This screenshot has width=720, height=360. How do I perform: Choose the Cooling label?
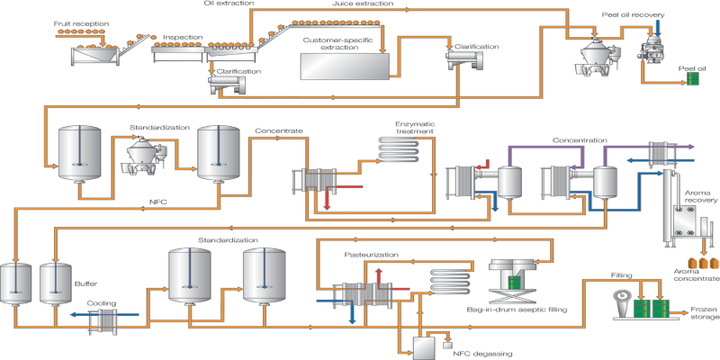coord(101,303)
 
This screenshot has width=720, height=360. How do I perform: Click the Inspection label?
coord(182,38)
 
